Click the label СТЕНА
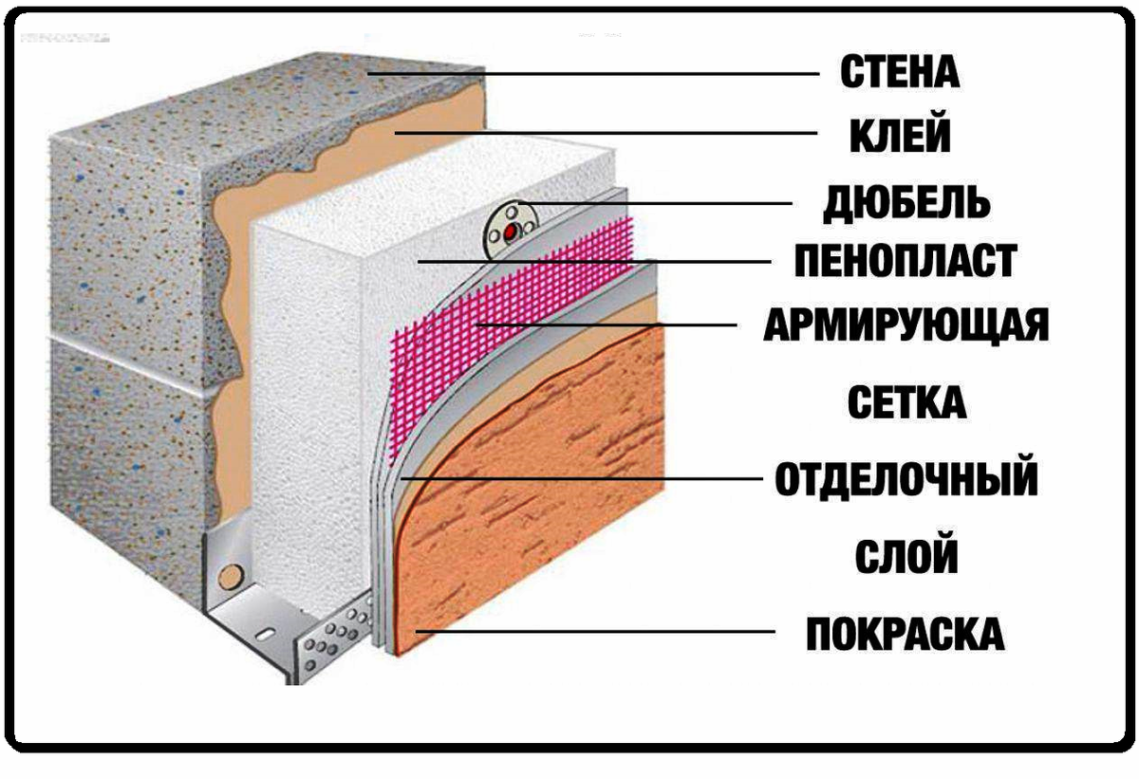pyautogui.click(x=900, y=72)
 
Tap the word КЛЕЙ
pyautogui.click(x=898, y=136)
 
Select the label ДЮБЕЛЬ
pyautogui.click(x=907, y=201)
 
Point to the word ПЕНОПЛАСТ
pyautogui.click(x=906, y=261)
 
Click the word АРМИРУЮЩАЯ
pyautogui.click(x=906, y=325)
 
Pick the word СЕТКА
pyautogui.click(x=906, y=403)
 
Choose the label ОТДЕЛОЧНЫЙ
pyautogui.click(x=906, y=480)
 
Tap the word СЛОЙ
pyautogui.click(x=906, y=556)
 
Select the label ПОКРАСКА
pyautogui.click(x=905, y=633)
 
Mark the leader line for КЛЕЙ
pyautogui.click(x=607, y=133)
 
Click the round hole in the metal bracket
pyautogui.click(x=228, y=576)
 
